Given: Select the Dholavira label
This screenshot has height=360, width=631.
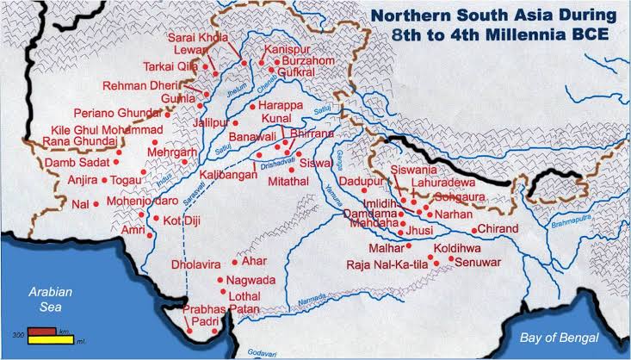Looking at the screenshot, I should pyautogui.click(x=200, y=264).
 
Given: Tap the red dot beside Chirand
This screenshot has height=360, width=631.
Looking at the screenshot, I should pyautogui.click(x=473, y=230).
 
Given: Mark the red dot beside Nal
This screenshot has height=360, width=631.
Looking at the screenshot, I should pyautogui.click(x=96, y=204).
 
